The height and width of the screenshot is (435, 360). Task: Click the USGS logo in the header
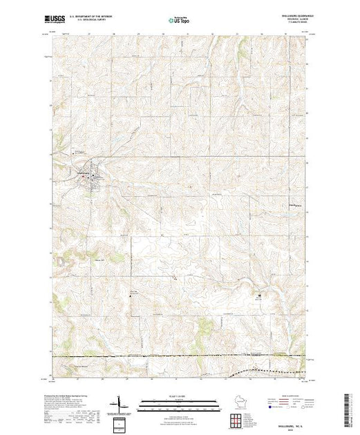tap(57, 21)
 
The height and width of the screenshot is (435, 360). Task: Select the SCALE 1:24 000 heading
tap(179, 396)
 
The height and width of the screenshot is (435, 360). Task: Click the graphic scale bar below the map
tap(179, 402)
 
